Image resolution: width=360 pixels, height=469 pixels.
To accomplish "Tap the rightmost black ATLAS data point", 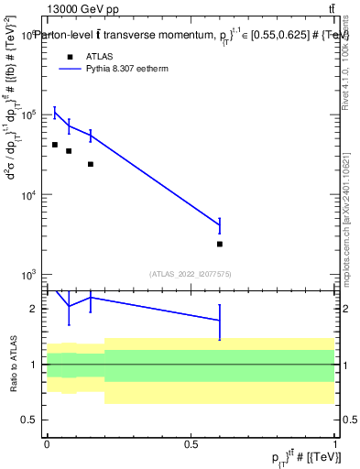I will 220,244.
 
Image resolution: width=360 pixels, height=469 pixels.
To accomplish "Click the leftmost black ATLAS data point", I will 55,145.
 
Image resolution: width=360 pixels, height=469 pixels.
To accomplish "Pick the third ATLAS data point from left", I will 91,164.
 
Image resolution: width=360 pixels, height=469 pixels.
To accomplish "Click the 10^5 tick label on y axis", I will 30,115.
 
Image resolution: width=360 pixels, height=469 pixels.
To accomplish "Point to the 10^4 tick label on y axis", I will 30,195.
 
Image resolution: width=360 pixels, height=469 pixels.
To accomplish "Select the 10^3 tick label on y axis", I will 30,275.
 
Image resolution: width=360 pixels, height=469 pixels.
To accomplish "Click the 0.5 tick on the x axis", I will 191,443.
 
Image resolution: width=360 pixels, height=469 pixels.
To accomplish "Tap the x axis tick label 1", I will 335,443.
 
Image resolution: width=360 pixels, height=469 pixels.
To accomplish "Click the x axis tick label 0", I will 47,443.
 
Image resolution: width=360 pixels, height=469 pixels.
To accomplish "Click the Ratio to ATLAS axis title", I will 15,363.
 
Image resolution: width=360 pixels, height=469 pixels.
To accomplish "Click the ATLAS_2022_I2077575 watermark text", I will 191,273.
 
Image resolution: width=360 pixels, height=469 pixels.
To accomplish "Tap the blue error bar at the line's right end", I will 220,225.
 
